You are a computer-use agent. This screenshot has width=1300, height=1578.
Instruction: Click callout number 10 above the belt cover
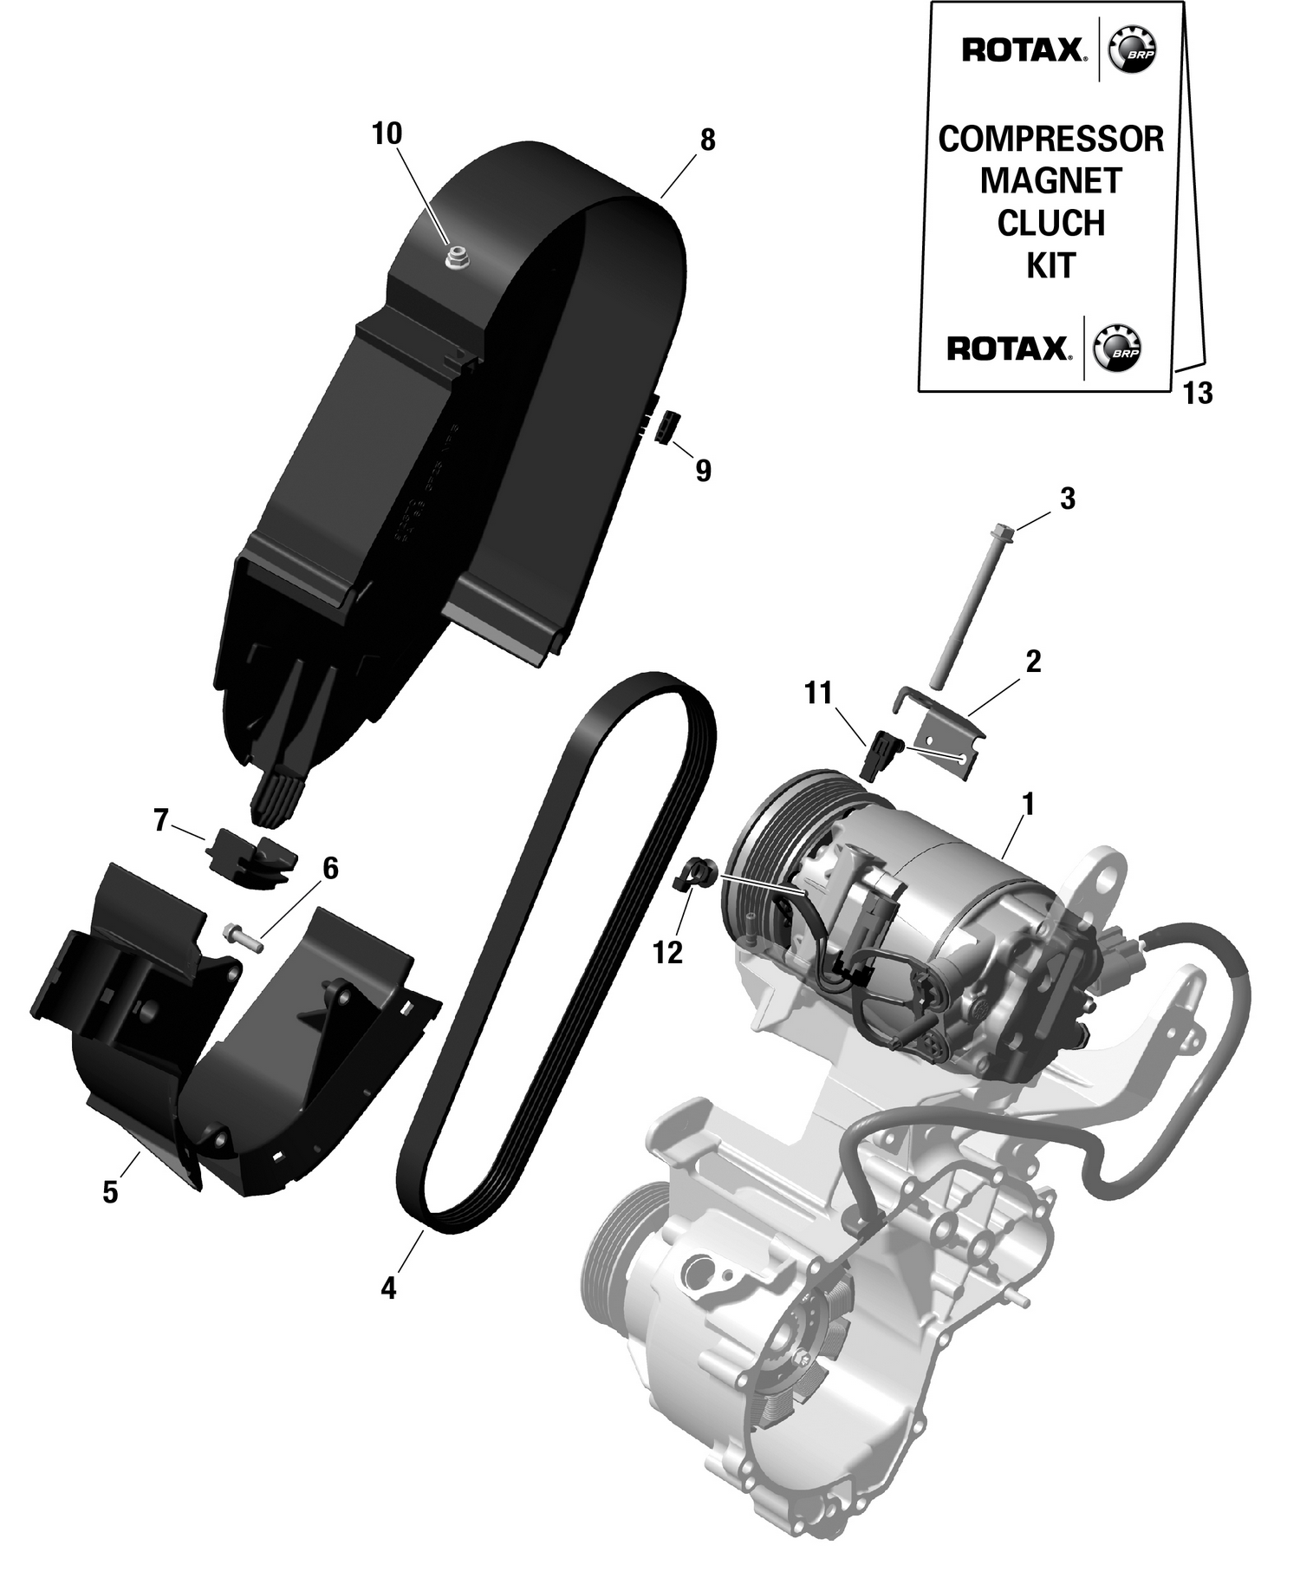click(387, 134)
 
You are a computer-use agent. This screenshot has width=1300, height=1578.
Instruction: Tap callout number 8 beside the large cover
click(707, 140)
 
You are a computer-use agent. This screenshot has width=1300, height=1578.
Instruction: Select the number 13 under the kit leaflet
click(1198, 394)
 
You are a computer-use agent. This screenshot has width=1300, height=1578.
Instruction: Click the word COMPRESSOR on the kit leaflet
click(1050, 140)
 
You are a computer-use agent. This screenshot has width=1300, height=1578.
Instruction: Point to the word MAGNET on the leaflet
click(1050, 181)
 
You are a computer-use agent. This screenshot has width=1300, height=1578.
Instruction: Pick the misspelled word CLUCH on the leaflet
click(1050, 224)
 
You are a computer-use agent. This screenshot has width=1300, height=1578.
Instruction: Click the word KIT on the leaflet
click(1050, 265)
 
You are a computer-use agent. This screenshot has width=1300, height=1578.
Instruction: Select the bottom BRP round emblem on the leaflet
click(1117, 349)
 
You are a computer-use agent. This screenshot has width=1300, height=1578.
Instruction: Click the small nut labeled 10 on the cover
click(456, 257)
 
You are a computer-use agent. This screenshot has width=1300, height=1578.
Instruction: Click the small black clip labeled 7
click(250, 857)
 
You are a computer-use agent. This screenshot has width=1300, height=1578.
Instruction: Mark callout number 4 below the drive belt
click(387, 1288)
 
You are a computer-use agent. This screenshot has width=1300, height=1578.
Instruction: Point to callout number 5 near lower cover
click(110, 1193)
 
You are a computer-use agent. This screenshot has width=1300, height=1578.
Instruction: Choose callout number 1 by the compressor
click(1028, 805)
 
